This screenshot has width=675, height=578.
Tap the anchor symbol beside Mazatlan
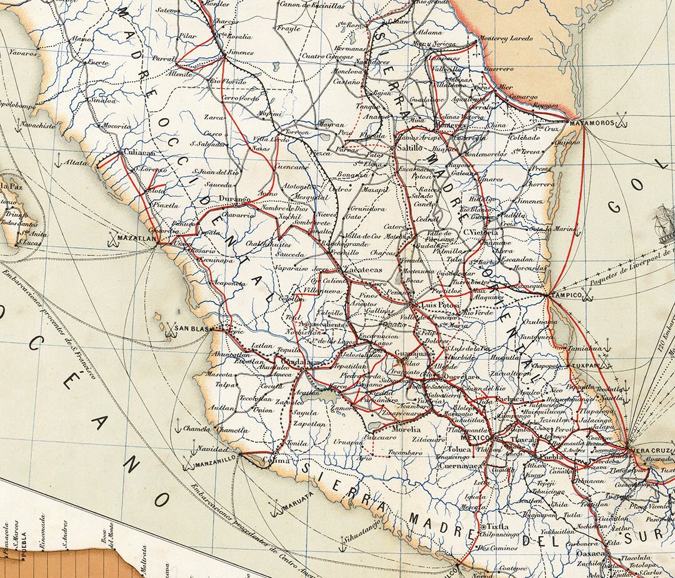[x=113, y=238]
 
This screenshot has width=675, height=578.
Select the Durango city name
[x=234, y=199]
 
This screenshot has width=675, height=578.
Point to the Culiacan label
[x=138, y=152]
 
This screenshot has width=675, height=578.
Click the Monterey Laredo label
[x=507, y=39]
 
